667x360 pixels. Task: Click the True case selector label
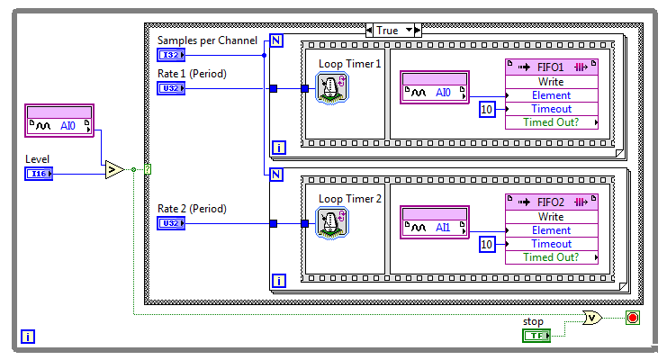387,30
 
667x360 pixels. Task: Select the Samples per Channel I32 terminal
171,55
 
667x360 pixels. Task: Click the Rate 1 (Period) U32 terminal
171,88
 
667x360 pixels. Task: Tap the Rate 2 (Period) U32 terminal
171,223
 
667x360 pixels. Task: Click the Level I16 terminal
38,173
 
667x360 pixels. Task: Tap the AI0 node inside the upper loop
436,92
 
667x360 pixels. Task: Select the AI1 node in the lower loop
436,227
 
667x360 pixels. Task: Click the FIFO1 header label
550,67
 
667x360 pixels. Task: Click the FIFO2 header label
550,202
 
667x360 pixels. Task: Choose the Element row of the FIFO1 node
550,95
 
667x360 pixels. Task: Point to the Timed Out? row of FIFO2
550,257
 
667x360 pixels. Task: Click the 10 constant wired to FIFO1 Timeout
486,109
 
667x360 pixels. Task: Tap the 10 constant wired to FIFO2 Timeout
486,244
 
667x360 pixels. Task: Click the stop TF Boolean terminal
536,336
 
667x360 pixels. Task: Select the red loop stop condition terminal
632,319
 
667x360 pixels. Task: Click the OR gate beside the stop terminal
592,319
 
